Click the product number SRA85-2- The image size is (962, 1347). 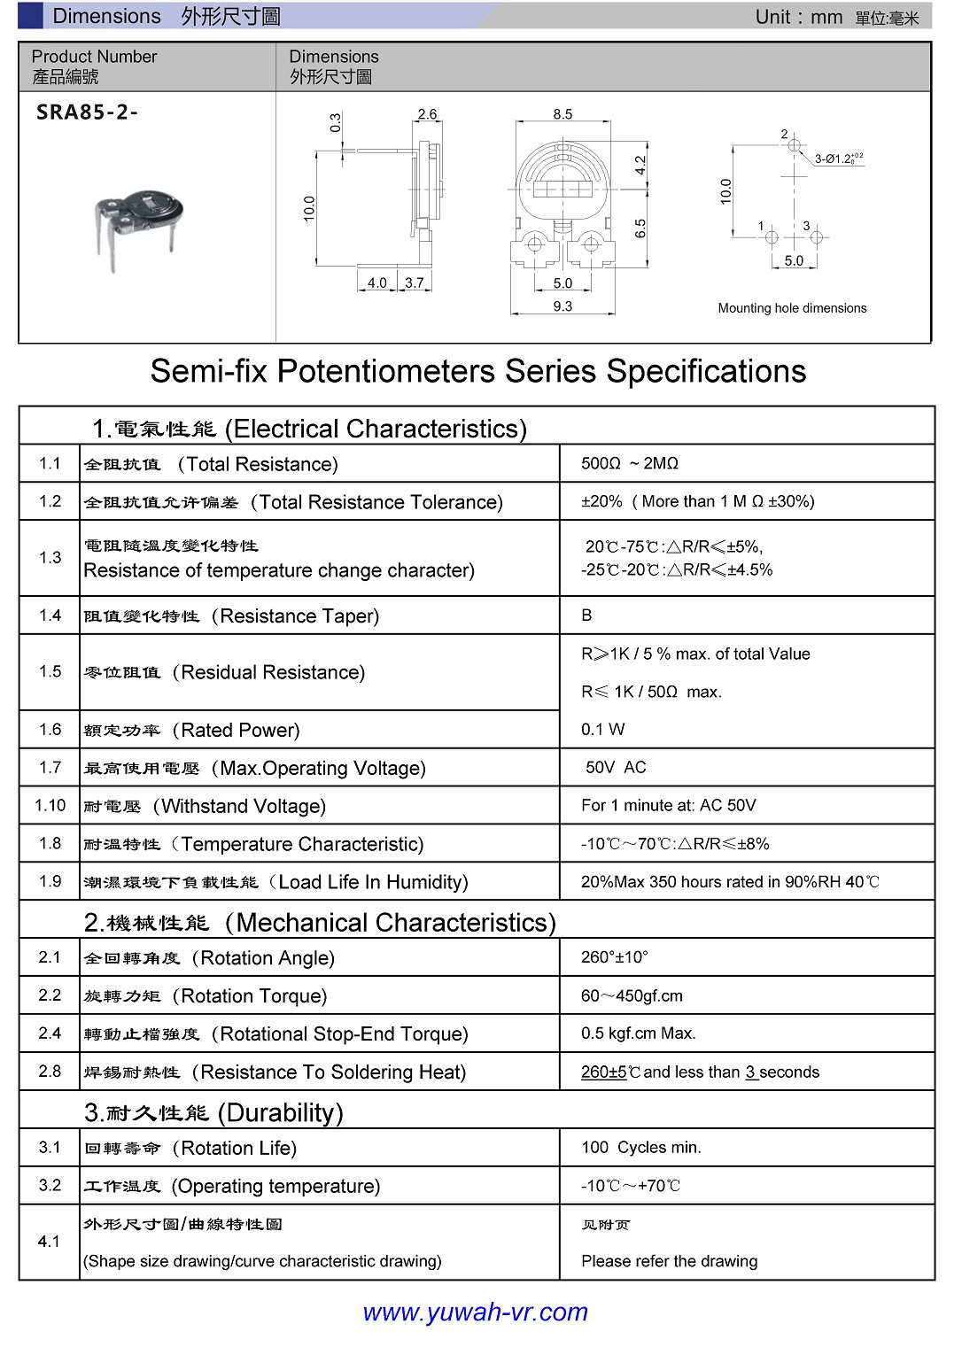coord(87,112)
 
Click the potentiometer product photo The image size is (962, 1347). coord(138,227)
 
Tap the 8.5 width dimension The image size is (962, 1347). coord(562,114)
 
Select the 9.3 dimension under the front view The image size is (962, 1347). coord(562,306)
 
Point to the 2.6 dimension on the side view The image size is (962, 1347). coord(427,114)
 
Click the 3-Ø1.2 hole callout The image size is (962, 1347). coord(838,159)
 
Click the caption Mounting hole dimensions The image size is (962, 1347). coord(792,308)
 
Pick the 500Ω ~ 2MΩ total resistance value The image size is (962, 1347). coord(629,463)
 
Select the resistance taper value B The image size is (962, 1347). coord(586,615)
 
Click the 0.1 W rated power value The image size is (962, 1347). coord(602,729)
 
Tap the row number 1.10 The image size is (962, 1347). coord(50,805)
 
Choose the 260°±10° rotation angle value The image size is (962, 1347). coord(615,957)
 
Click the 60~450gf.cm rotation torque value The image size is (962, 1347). coord(632,995)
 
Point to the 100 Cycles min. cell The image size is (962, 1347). coord(640,1148)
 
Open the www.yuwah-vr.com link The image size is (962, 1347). coord(476,1312)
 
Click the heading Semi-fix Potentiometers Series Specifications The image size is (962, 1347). coord(478,371)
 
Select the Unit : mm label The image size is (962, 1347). coord(798,17)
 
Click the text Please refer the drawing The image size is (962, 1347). coord(669,1261)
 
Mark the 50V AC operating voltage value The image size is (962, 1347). coord(616,767)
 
